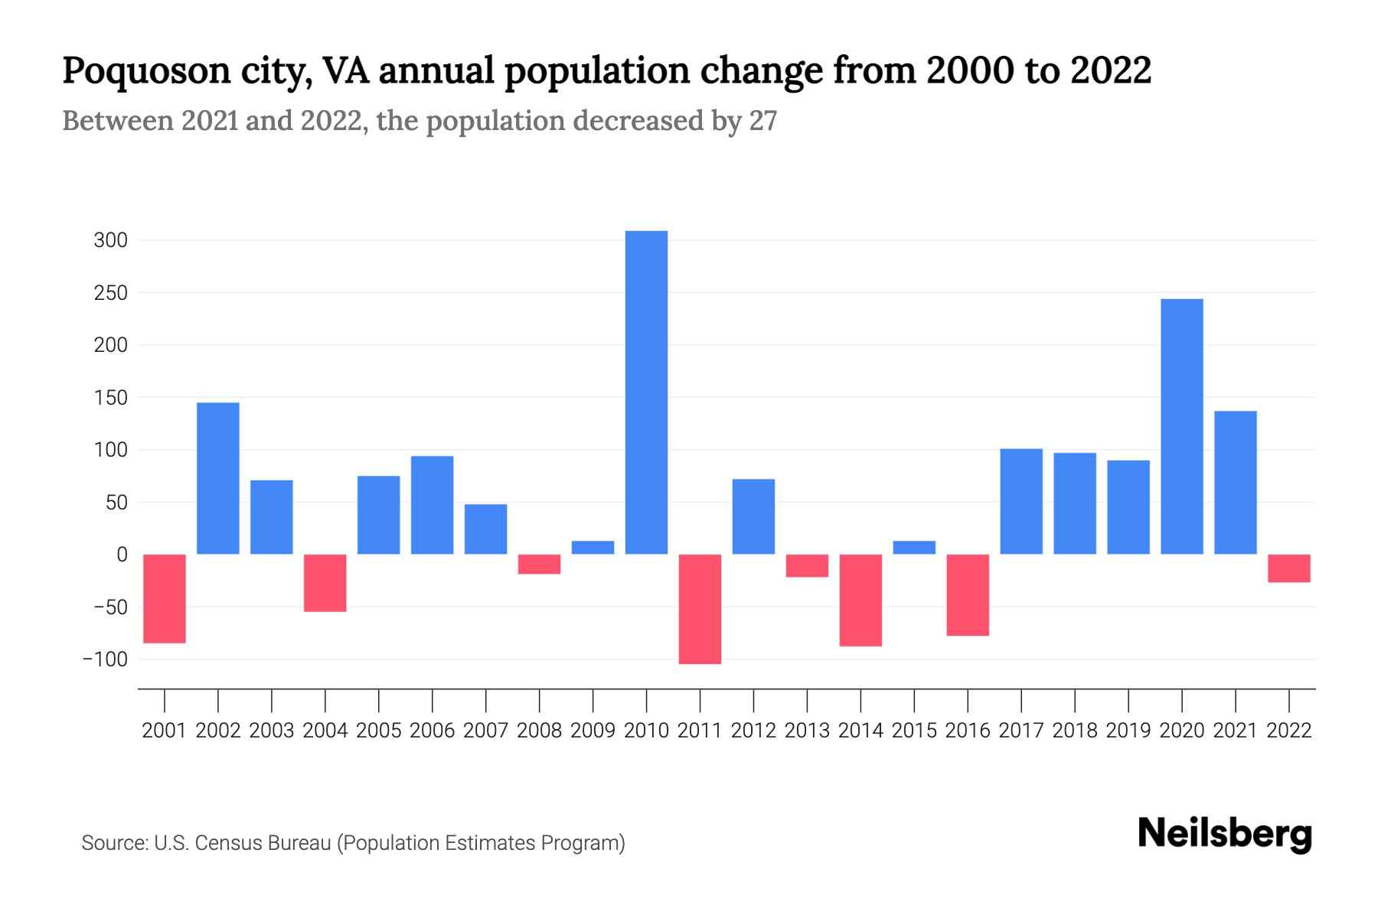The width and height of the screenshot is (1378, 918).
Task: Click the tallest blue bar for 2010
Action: [646, 392]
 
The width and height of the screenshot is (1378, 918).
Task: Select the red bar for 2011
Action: [700, 609]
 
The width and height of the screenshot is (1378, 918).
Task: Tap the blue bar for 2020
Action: [1181, 426]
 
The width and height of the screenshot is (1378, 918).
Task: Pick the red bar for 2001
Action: [165, 598]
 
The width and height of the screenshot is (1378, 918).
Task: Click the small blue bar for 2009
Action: [593, 548]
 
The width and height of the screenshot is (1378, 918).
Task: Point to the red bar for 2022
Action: [1288, 568]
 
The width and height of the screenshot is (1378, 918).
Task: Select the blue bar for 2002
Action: [218, 478]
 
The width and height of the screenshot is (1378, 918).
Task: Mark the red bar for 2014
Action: [860, 601]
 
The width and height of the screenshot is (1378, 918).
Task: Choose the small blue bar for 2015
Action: [914, 548]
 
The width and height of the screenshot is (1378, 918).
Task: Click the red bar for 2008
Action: [539, 564]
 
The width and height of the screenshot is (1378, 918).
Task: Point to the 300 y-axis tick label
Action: [110, 241]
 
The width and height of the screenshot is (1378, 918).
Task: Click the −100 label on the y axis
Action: [105, 659]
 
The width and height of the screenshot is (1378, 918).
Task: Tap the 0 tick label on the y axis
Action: [121, 555]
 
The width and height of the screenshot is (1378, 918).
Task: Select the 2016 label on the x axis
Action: [968, 731]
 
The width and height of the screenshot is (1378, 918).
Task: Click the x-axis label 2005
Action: [379, 731]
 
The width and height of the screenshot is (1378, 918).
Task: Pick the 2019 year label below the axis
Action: [1128, 731]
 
